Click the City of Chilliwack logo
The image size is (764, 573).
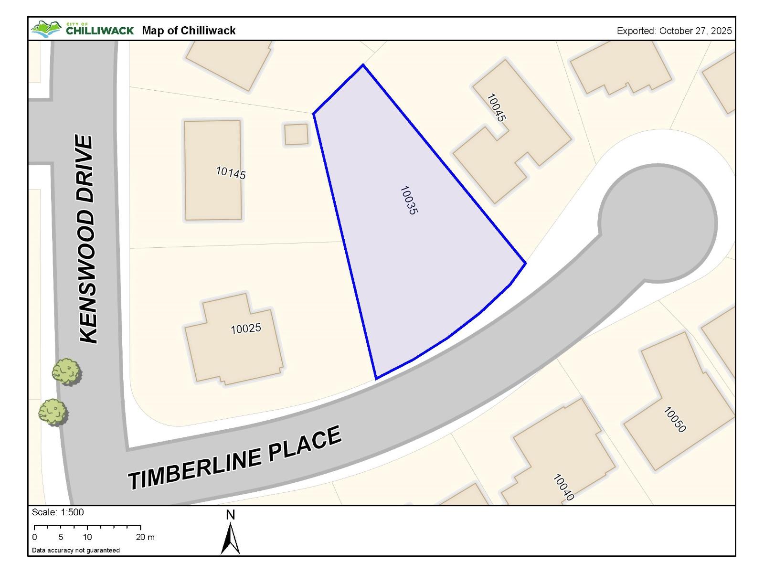click(x=82, y=30)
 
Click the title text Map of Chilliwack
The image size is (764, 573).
click(x=189, y=31)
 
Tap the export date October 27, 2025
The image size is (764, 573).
click(x=674, y=31)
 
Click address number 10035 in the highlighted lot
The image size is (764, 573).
click(x=408, y=200)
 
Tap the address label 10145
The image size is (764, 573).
click(x=231, y=172)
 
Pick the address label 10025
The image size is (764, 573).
click(x=245, y=329)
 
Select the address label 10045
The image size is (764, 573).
click(x=496, y=107)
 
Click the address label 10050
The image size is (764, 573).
click(x=675, y=419)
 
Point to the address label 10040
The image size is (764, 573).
click(x=563, y=487)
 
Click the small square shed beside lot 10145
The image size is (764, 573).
click(x=297, y=134)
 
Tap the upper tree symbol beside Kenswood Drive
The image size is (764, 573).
click(x=66, y=371)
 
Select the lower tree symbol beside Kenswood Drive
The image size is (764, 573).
click(x=53, y=412)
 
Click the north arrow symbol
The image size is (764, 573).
click(x=230, y=537)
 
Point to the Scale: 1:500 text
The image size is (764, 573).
click(x=57, y=512)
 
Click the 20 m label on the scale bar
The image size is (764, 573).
click(x=145, y=537)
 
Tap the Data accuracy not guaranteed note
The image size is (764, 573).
click(x=76, y=550)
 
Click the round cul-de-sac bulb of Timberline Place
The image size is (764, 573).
click(x=658, y=223)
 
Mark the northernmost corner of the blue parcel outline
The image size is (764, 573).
click(x=363, y=64)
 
